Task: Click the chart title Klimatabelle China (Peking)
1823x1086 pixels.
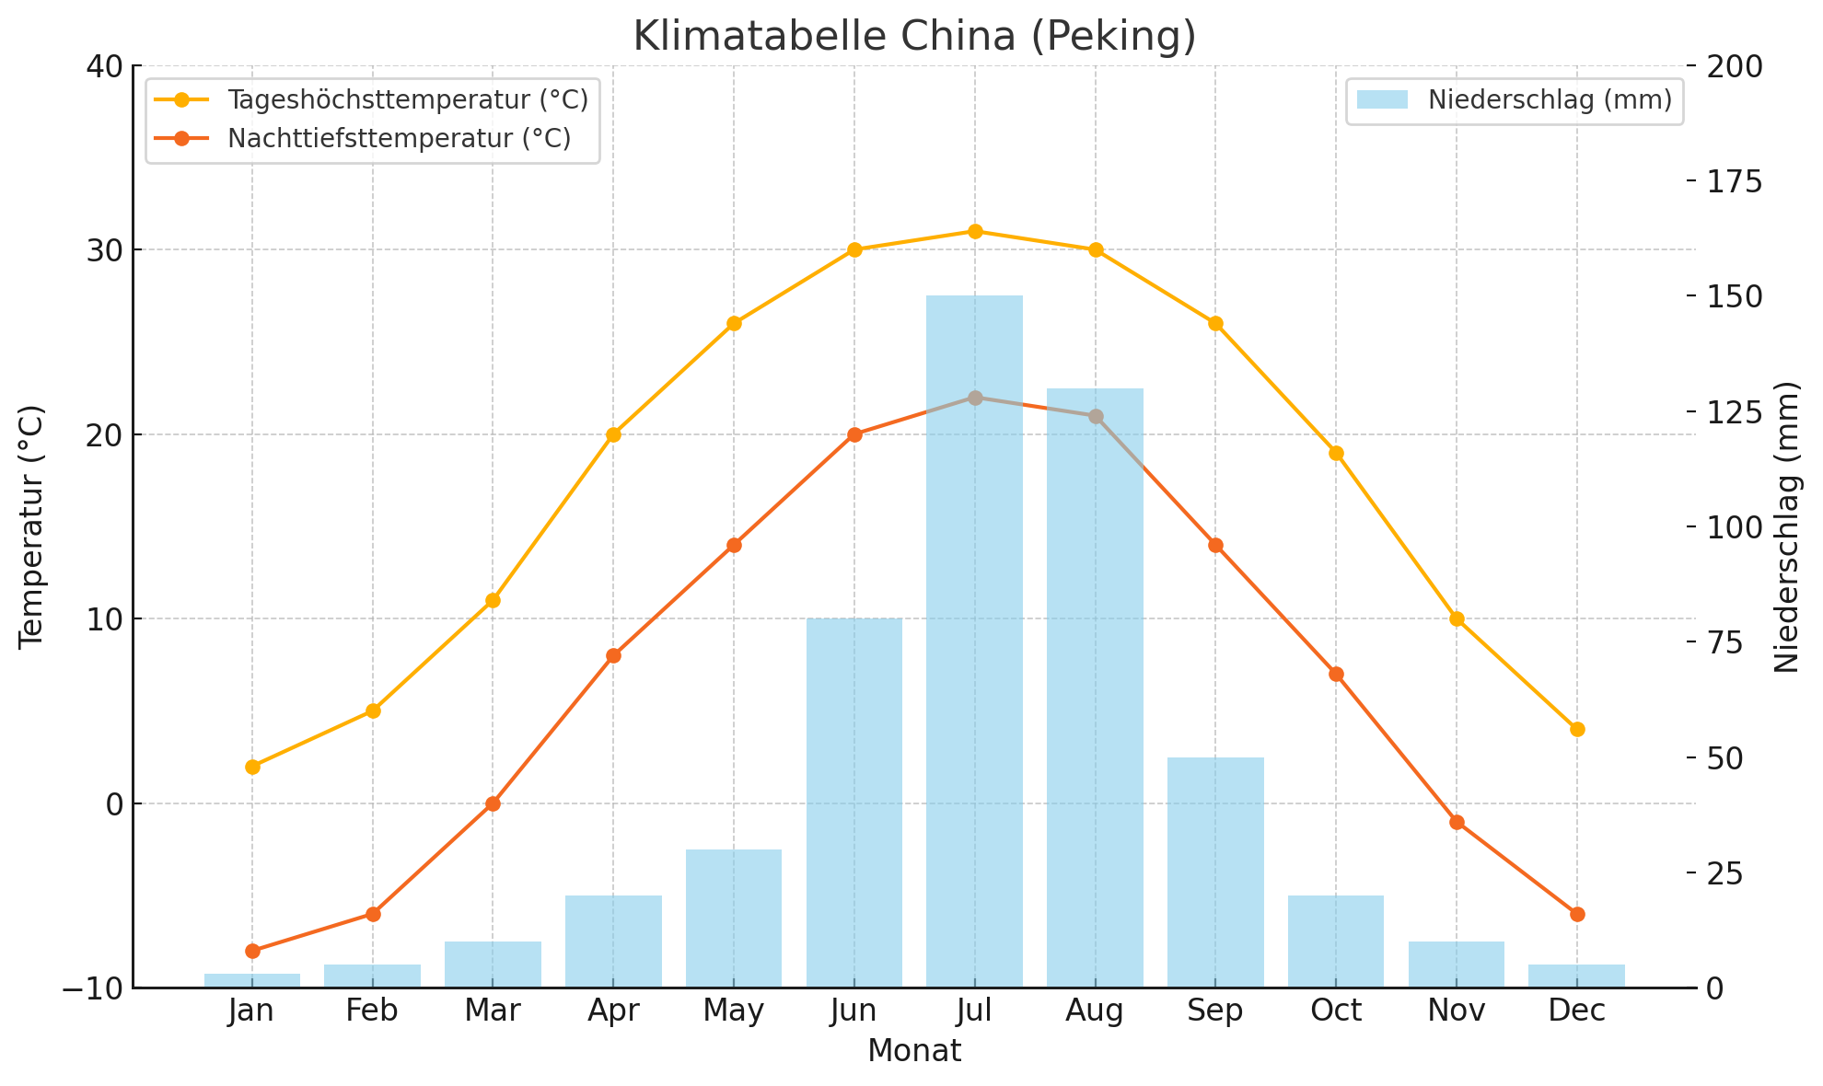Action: click(914, 37)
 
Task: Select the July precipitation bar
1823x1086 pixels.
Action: click(974, 644)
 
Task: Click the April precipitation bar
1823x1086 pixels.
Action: click(613, 941)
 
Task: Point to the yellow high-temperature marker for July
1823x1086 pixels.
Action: click(975, 231)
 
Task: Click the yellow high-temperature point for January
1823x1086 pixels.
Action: click(252, 767)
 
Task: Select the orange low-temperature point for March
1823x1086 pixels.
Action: click(493, 803)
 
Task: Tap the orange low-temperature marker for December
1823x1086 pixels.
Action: click(1577, 914)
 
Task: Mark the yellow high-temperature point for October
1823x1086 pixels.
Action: click(1336, 453)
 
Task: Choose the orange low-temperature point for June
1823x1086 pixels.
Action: click(854, 434)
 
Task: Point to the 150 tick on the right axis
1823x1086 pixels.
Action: click(1732, 296)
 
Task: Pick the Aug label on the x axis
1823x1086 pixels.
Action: click(1095, 1011)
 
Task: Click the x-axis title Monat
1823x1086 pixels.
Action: click(914, 1051)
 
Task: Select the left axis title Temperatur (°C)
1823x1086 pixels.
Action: click(32, 526)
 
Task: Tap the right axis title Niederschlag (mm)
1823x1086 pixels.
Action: click(1787, 526)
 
